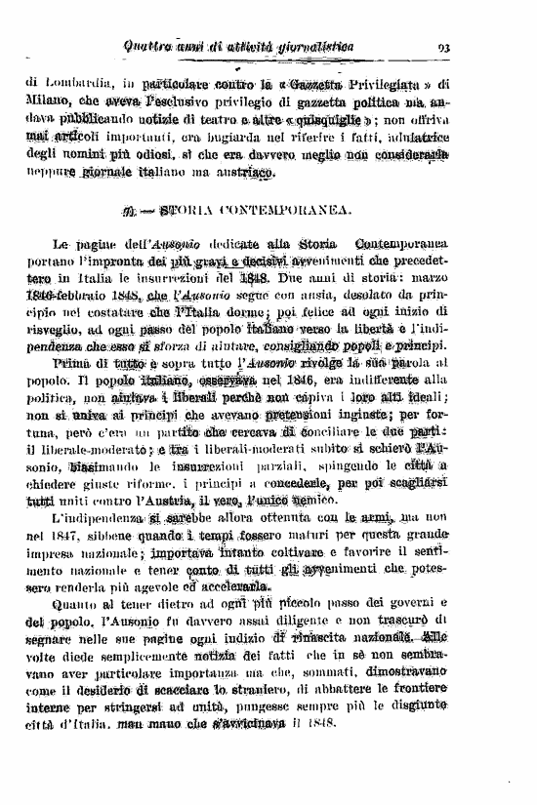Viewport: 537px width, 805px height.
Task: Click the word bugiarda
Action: click(x=253, y=136)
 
